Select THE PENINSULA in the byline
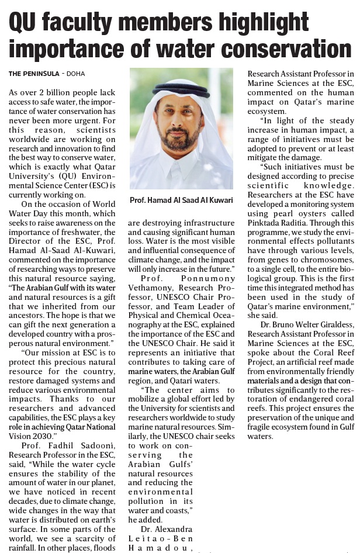pyautogui.click(x=34, y=74)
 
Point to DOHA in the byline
pyautogui.click(x=76, y=74)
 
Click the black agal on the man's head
pyautogui.click(x=181, y=89)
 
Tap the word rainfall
pyautogui.click(x=23, y=547)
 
